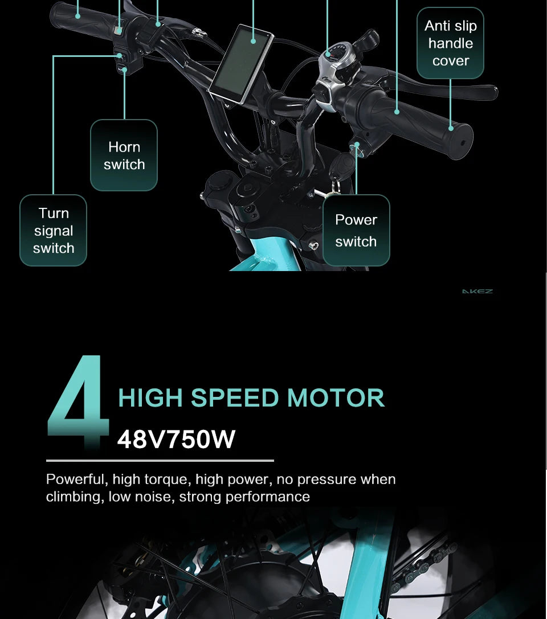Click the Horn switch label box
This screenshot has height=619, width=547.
(124, 155)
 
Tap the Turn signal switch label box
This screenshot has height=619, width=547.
(54, 230)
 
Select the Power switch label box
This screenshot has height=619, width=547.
(356, 230)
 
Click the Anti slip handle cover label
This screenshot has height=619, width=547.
(450, 43)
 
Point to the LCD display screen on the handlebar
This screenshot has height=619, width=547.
(242, 63)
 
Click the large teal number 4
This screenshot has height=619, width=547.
(78, 402)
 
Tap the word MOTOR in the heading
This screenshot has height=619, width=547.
(336, 397)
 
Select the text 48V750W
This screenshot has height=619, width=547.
(176, 439)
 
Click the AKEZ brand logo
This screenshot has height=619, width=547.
(477, 292)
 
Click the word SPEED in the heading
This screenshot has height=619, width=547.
(235, 397)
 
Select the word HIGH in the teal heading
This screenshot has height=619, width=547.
(150, 397)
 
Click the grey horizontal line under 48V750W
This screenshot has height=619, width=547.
(160, 461)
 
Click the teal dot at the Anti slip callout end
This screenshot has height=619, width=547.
(451, 128)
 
